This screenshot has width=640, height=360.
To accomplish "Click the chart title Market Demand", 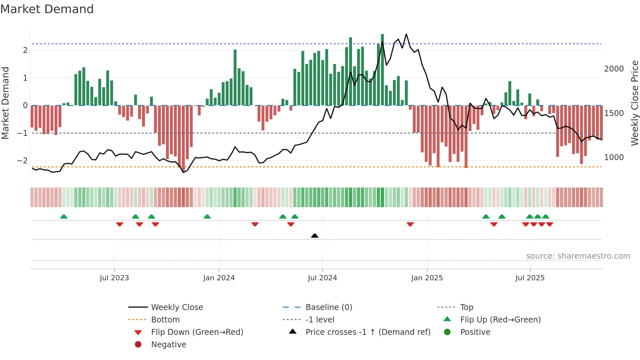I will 47,9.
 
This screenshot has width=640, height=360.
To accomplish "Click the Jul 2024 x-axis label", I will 322,278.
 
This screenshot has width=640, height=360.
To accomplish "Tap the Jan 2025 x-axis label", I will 427,278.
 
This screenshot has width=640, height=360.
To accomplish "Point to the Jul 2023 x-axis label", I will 114,278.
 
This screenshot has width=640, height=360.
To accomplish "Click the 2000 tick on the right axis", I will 614,69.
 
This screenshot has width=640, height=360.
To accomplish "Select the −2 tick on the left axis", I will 22,160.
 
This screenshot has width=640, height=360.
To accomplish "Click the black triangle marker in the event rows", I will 314,236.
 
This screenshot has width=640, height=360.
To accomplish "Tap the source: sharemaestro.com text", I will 578,256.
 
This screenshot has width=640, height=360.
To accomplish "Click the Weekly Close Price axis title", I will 634,103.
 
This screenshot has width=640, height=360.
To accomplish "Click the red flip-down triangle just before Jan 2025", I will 410,224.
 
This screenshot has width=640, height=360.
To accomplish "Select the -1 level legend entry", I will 320,319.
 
